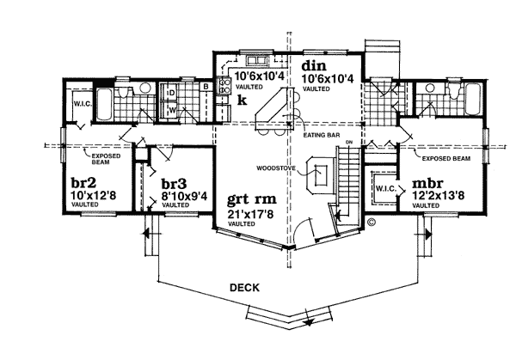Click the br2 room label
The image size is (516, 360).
83,183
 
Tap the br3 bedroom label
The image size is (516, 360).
175,183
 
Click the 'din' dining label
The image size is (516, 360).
312,66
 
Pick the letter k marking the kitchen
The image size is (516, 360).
243,100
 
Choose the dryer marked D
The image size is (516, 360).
172,92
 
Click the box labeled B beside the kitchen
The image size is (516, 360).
206,86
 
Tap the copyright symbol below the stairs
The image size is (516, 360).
371,221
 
